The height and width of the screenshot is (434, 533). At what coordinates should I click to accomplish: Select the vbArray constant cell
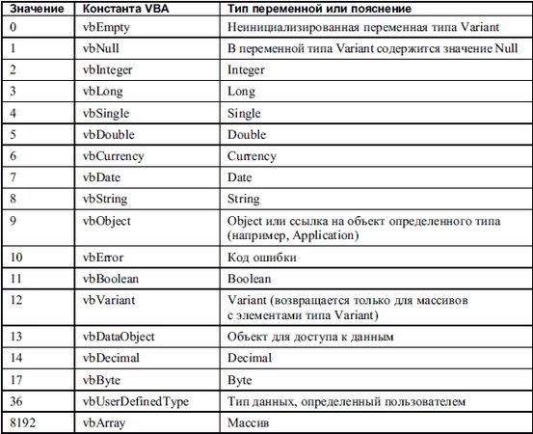click(x=104, y=422)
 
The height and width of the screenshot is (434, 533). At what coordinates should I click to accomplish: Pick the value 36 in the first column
click(x=16, y=400)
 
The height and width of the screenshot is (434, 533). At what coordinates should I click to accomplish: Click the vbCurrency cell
click(x=113, y=156)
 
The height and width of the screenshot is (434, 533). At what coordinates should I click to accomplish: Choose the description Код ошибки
click(x=259, y=258)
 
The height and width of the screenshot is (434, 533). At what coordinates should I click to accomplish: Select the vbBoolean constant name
click(x=112, y=279)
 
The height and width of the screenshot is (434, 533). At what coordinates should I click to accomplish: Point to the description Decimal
click(x=251, y=358)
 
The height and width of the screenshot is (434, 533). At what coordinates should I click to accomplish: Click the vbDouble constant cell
click(x=108, y=135)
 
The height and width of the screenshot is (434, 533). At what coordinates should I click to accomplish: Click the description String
click(x=244, y=199)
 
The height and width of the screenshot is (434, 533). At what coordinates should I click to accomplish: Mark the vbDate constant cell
click(x=102, y=177)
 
